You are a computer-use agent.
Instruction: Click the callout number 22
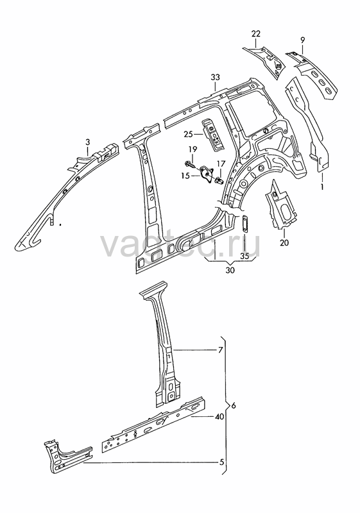[256, 33]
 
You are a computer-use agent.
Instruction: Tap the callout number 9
[302, 40]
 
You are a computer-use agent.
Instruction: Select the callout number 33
[216, 78]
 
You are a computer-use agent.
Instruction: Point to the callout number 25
[188, 134]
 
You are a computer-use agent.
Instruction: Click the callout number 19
[193, 149]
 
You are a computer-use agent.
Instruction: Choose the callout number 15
[185, 176]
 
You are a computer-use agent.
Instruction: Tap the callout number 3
[87, 142]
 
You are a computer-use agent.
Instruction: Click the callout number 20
[284, 243]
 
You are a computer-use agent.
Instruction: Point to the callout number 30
[230, 270]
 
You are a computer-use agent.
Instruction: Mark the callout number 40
[219, 416]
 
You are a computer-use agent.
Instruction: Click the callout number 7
[220, 350]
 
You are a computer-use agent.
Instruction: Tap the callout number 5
[221, 462]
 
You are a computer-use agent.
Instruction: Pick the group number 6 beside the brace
[233, 406]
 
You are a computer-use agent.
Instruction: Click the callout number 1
[322, 187]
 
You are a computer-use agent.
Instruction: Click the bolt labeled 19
[189, 163]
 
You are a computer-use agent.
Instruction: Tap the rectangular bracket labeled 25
[214, 135]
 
